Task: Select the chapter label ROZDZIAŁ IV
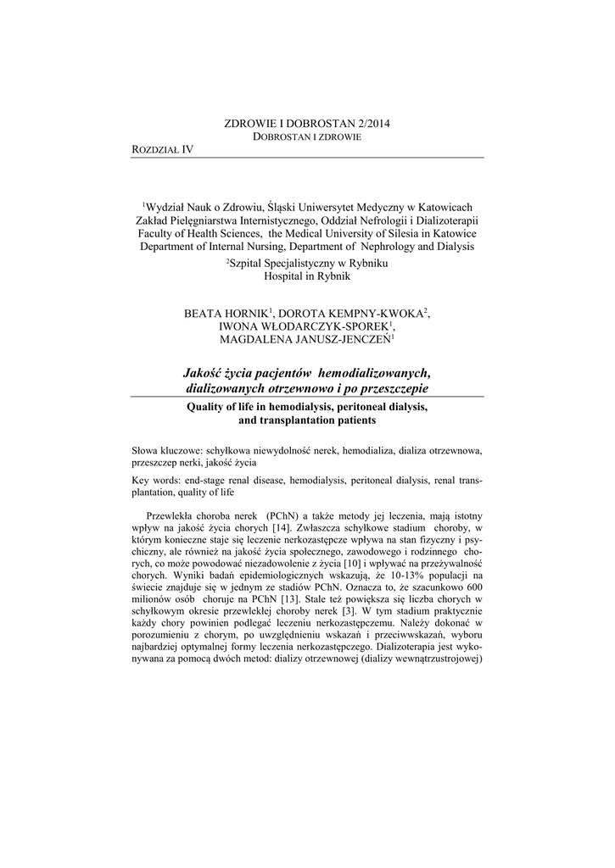[164, 149]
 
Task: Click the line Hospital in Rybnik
[307, 276]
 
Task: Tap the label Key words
[154, 480]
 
